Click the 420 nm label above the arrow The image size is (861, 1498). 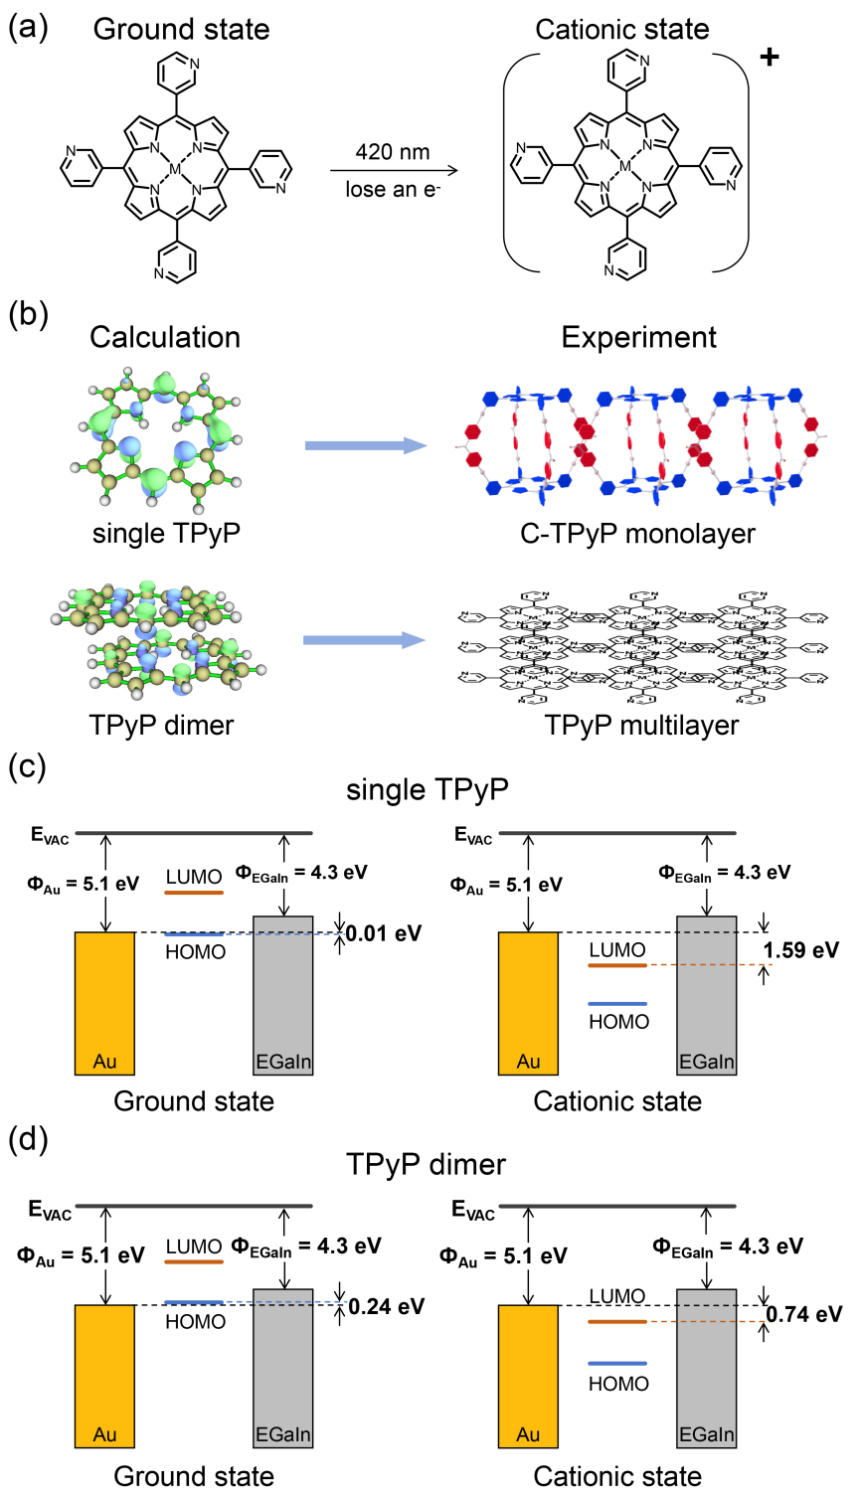pyautogui.click(x=393, y=152)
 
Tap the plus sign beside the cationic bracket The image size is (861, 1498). pyautogui.click(x=769, y=57)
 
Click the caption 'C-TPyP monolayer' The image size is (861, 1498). pyautogui.click(x=637, y=534)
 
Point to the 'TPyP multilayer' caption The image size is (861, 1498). pyautogui.click(x=641, y=725)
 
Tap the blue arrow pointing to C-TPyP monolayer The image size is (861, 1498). pyautogui.click(x=365, y=446)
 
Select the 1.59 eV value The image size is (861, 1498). pyautogui.click(x=801, y=950)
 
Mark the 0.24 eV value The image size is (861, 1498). pyautogui.click(x=386, y=1306)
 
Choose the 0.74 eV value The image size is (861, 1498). pyautogui.click(x=804, y=1314)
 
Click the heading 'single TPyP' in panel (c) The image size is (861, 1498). pyautogui.click(x=428, y=790)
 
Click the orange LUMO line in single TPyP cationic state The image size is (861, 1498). pyautogui.click(x=617, y=965)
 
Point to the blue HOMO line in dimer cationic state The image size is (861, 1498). pyautogui.click(x=617, y=1363)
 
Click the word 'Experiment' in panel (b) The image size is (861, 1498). pyautogui.click(x=638, y=338)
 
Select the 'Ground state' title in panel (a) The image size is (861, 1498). pyautogui.click(x=181, y=29)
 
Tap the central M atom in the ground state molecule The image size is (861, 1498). pyautogui.click(x=176, y=169)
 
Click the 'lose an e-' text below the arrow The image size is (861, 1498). pyautogui.click(x=393, y=189)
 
